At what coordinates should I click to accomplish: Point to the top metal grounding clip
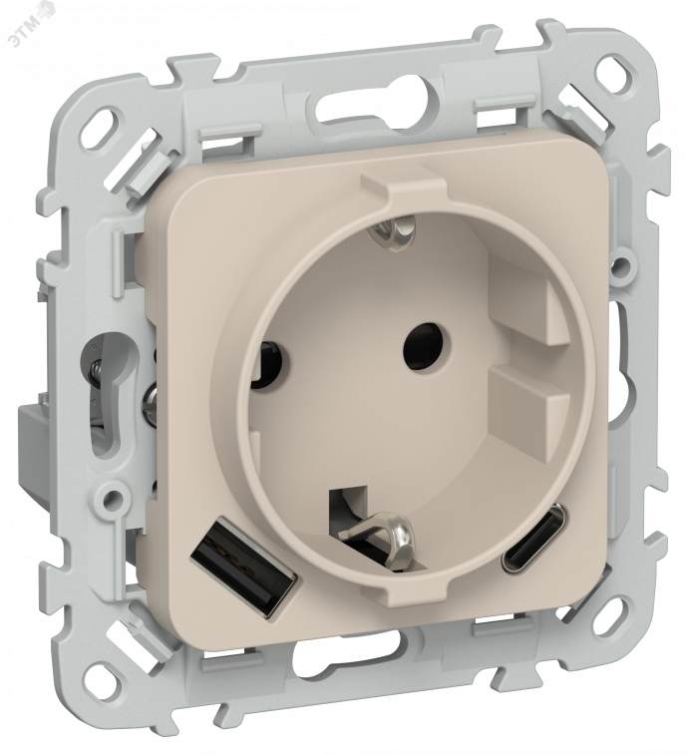[x=397, y=231]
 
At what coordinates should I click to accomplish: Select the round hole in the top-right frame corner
[x=611, y=73]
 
